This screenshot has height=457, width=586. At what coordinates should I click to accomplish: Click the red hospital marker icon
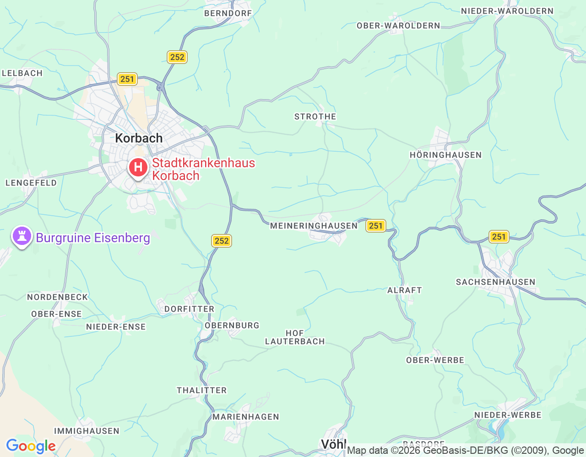pyautogui.click(x=138, y=168)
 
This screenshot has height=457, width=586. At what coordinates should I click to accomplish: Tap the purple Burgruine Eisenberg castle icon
pyautogui.click(x=22, y=237)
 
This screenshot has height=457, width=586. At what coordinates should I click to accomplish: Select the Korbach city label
pyautogui.click(x=139, y=138)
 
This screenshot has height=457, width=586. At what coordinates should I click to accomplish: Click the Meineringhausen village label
pyautogui.click(x=314, y=226)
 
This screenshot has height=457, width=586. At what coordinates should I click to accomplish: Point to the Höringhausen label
pyautogui.click(x=445, y=155)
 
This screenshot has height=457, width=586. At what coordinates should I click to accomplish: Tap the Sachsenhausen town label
pyautogui.click(x=495, y=282)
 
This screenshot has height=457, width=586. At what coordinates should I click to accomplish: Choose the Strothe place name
pyautogui.click(x=315, y=117)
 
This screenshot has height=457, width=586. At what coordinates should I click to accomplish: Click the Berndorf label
pyautogui.click(x=228, y=13)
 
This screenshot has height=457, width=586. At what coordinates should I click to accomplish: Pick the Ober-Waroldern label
pyautogui.click(x=398, y=26)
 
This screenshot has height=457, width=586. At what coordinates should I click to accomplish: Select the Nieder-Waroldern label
pyautogui.click(x=507, y=11)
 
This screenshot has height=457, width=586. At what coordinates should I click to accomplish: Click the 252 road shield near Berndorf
pyautogui.click(x=177, y=57)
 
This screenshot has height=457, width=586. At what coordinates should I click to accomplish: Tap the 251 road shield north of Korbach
pyautogui.click(x=127, y=79)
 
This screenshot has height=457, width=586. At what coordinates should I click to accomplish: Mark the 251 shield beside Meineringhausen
pyautogui.click(x=375, y=226)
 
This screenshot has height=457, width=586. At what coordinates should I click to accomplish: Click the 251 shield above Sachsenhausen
pyautogui.click(x=499, y=237)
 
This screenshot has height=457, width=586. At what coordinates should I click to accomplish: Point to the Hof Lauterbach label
pyautogui.click(x=295, y=337)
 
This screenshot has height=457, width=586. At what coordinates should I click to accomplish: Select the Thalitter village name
pyautogui.click(x=201, y=390)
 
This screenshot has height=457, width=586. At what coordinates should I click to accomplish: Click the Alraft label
pyautogui.click(x=404, y=290)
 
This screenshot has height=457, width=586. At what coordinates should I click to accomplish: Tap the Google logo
pyautogui.click(x=31, y=446)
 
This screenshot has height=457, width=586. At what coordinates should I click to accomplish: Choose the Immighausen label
pyautogui.click(x=87, y=431)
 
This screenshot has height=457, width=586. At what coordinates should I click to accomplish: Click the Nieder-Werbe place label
pyautogui.click(x=508, y=415)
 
